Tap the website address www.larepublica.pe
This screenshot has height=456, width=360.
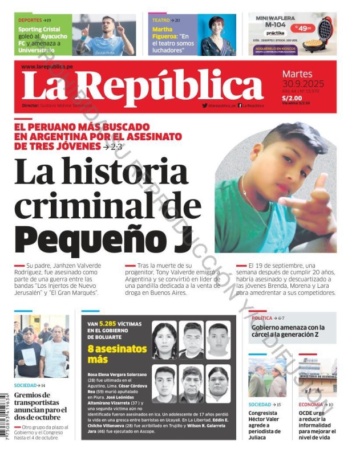pyautogui.click(x=47, y=67)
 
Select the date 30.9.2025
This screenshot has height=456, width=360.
pyautogui.click(x=302, y=83)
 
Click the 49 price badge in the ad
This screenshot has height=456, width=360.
pyautogui.click(x=303, y=27)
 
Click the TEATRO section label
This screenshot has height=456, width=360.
pyautogui.click(x=161, y=20)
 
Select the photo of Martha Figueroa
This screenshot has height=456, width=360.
pyautogui.click(x=216, y=35)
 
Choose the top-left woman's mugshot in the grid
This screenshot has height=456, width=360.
pyautogui.click(x=164, y=340)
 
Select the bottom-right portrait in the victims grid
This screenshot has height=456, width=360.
pyautogui.click(x=219, y=384)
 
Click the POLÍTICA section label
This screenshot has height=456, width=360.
pyautogui.click(x=262, y=317)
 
